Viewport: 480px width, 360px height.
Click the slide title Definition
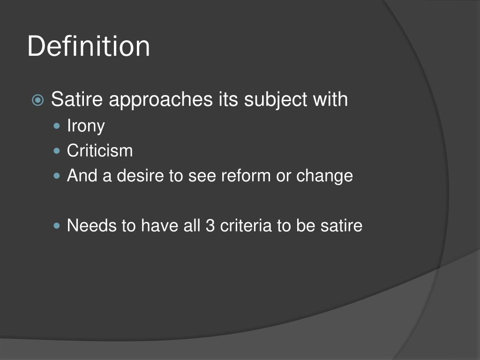[x=89, y=47]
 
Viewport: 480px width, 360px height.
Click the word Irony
[x=86, y=126]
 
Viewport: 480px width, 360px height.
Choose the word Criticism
[x=100, y=151]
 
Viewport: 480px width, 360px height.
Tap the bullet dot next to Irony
[x=58, y=126]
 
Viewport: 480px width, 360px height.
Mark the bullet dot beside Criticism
[x=58, y=151]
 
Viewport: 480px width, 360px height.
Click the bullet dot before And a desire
[x=58, y=177]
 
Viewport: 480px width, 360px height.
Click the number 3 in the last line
[x=210, y=226]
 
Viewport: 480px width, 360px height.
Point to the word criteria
[x=247, y=226]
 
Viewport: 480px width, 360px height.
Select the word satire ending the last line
[x=341, y=226]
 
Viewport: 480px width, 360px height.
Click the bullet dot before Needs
[x=58, y=226]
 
